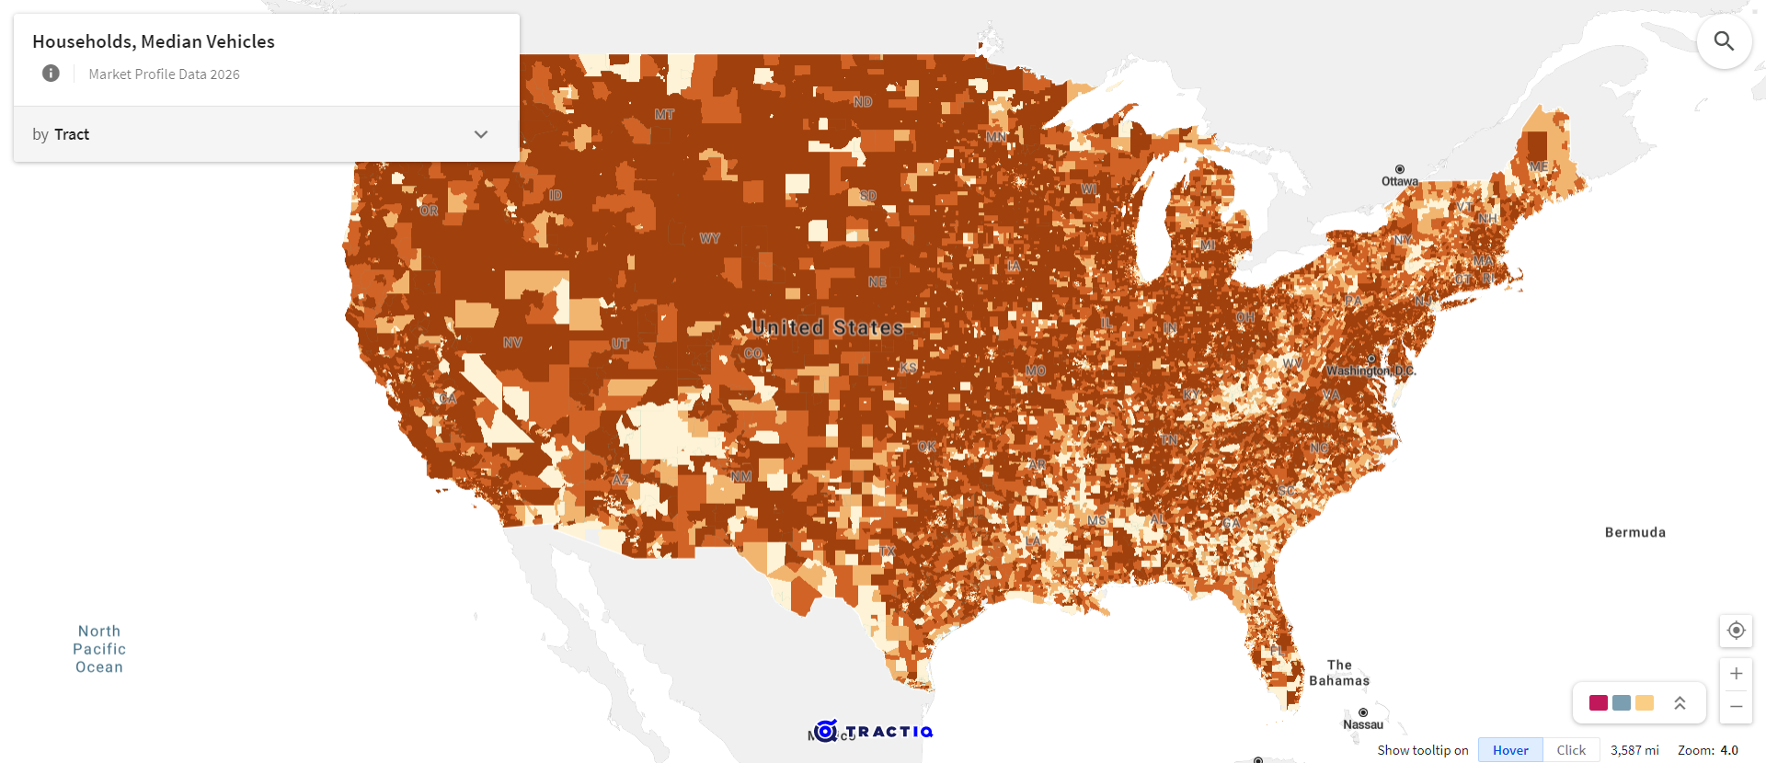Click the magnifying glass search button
[1724, 41]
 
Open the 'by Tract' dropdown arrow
[480, 134]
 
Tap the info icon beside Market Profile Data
[51, 74]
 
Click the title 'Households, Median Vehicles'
[154, 41]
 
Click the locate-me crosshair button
[1736, 631]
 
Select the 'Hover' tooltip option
[1510, 750]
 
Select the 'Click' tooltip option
[1571, 750]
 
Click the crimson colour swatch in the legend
[1599, 703]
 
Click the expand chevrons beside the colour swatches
[1680, 703]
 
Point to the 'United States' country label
[828, 327]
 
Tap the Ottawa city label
[1399, 181]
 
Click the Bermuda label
[1634, 532]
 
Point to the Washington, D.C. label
[1370, 370]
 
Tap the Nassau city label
[1362, 724]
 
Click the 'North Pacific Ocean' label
[99, 649]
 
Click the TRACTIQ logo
[875, 732]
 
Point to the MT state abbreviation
[664, 115]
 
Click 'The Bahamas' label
[1339, 673]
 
